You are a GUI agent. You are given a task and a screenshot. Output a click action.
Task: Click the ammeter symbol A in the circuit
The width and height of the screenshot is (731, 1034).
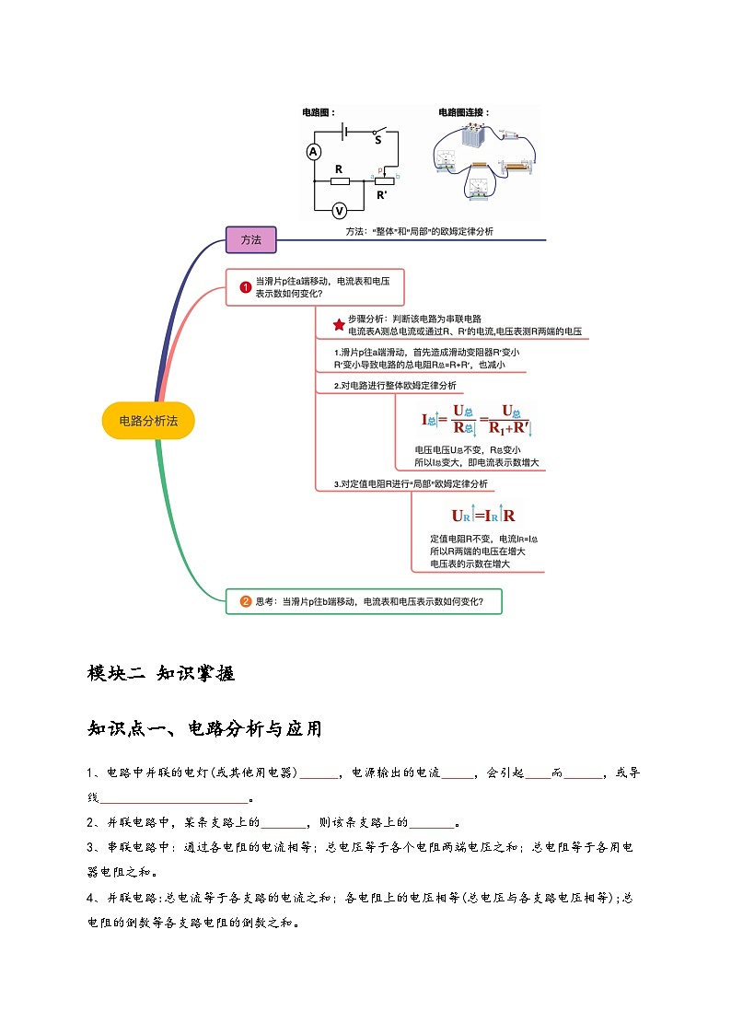pos(314,151)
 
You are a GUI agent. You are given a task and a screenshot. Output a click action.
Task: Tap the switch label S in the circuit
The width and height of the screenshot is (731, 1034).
pos(377,141)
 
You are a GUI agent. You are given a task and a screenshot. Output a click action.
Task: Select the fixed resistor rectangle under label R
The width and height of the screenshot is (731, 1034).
pos(339,180)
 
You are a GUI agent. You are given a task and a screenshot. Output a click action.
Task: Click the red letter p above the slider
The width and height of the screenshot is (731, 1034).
pos(379,170)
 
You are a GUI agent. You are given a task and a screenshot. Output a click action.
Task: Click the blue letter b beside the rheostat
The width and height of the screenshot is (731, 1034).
pos(398,176)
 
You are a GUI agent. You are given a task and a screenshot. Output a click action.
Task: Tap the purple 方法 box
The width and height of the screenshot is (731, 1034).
pos(251,239)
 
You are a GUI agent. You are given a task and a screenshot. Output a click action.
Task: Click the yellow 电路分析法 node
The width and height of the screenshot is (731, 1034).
pos(148,420)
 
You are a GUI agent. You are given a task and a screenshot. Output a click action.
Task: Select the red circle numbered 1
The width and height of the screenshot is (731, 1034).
pos(246,286)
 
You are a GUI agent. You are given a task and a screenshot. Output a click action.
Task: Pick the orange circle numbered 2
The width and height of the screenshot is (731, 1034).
pos(246,602)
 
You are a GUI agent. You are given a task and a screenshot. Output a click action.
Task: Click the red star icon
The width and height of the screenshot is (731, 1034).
pos(338,324)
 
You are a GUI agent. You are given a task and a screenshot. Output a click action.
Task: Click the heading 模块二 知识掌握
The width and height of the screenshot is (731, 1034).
pos(161,673)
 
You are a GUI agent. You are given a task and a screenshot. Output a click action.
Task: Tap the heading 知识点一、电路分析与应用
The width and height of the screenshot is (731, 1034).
pos(204,729)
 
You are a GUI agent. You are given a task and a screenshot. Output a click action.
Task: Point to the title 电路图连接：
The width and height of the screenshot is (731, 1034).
pos(464,112)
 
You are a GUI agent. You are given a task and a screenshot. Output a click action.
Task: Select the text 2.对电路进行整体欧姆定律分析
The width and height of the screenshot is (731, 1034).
pos(394,385)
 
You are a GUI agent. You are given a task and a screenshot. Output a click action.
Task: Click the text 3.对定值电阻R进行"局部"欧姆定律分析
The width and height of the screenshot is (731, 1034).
pos(411,483)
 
